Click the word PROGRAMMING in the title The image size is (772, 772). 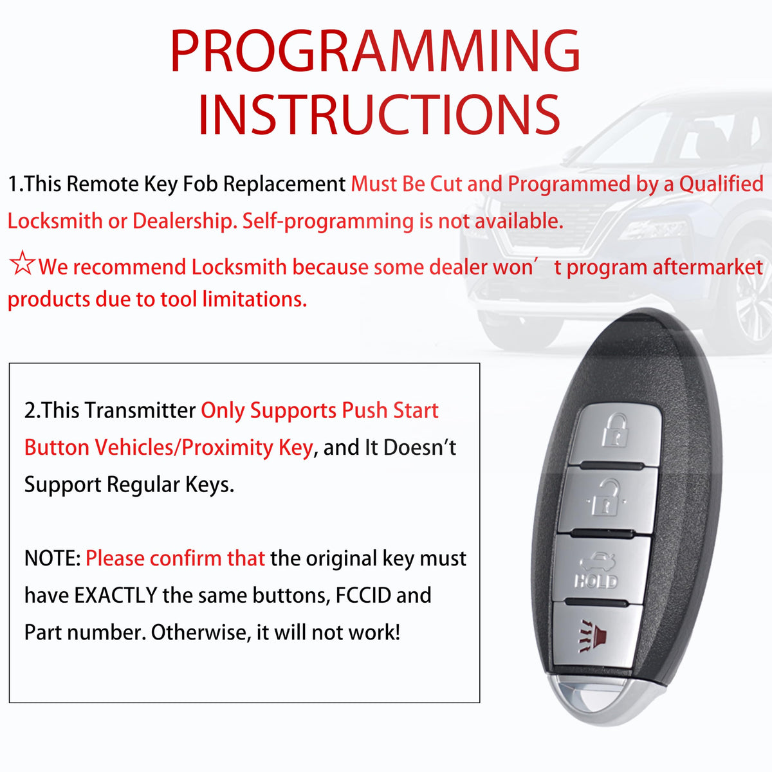pyautogui.click(x=375, y=51)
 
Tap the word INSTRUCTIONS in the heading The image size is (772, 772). pyautogui.click(x=379, y=115)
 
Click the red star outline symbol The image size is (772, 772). pyautogui.click(x=22, y=263)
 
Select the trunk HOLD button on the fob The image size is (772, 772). pyautogui.click(x=599, y=569)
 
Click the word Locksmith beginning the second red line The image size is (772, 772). pyautogui.click(x=55, y=221)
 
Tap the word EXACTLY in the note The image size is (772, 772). pyautogui.click(x=115, y=595)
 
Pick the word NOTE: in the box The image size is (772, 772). pyautogui.click(x=53, y=558)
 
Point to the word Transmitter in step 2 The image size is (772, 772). pyautogui.click(x=140, y=410)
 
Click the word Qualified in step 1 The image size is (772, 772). pyautogui.click(x=722, y=185)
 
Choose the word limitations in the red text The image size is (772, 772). pyautogui.click(x=255, y=299)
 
